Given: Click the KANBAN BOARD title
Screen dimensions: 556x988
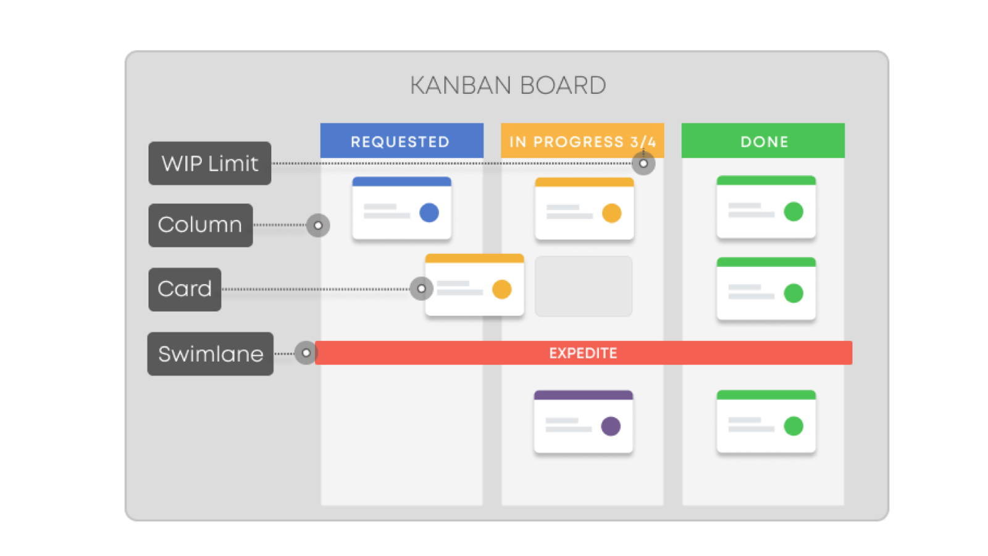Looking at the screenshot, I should tap(508, 85).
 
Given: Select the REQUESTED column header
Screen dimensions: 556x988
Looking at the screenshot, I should tap(401, 141).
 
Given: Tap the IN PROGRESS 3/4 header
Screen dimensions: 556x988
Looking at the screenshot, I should tap(582, 141).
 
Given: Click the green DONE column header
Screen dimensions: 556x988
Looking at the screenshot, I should tap(763, 141).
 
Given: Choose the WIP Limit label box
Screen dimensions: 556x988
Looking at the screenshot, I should tap(210, 163).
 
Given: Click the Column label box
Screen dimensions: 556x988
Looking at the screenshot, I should tap(200, 225).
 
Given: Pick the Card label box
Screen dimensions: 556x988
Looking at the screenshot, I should tap(185, 289).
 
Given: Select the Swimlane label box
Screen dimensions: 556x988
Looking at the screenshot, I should tap(210, 354).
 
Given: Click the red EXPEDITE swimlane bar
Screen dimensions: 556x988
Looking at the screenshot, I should tap(583, 353).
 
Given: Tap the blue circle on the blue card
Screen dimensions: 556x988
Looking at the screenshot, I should tap(429, 213).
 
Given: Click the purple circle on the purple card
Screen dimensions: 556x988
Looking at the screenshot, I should tap(611, 426).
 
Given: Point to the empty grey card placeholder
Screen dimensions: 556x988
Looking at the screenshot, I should tap(584, 287).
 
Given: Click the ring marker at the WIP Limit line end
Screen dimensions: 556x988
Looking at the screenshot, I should tap(643, 164).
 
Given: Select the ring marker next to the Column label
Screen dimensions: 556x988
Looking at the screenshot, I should tap(318, 225).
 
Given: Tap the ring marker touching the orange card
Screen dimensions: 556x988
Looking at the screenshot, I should tap(421, 289).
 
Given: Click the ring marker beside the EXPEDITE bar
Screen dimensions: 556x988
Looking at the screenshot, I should tap(306, 353).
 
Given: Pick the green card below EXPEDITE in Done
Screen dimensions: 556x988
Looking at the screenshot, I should tap(766, 422).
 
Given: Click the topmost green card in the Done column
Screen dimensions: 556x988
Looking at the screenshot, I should tap(766, 208).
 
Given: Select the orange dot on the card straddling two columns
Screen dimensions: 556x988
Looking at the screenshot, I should tap(502, 289).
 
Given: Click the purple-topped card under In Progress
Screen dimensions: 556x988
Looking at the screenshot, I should tap(583, 422).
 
